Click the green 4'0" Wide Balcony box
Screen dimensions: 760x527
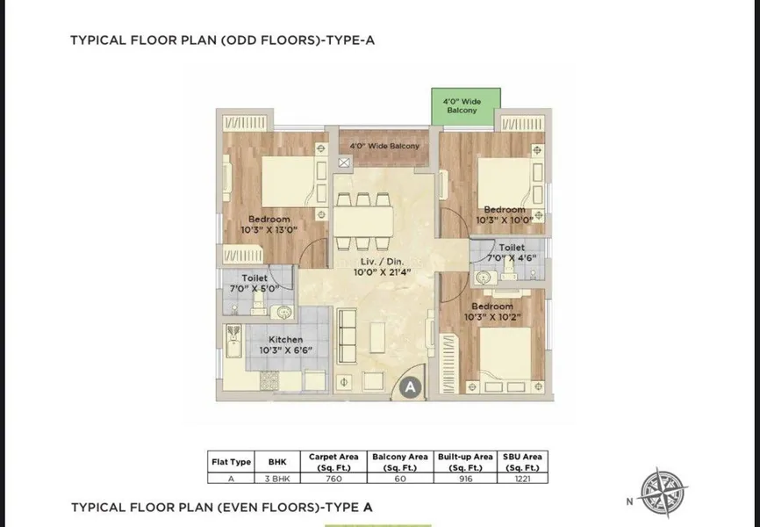466,106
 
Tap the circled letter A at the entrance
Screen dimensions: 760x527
411,387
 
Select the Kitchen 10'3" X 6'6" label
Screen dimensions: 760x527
285,344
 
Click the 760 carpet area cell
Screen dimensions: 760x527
333,479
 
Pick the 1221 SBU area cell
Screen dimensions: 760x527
522,479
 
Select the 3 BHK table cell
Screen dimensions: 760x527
277,479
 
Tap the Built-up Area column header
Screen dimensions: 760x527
465,462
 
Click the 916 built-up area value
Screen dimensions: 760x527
465,479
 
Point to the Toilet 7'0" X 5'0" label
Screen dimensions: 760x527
255,284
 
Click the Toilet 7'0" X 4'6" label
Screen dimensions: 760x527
512,253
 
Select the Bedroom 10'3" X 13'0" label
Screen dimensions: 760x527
269,224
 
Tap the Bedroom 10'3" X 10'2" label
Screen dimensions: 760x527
492,312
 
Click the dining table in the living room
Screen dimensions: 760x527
363,221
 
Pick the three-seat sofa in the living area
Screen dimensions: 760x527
347,335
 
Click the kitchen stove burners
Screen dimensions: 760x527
269,380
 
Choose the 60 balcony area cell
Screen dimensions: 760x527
400,479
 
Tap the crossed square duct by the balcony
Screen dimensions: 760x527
344,162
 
